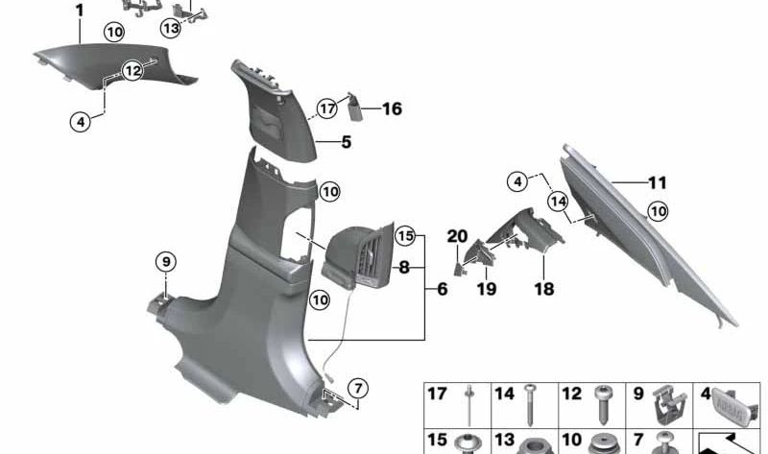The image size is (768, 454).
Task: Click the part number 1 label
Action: (x=79, y=11)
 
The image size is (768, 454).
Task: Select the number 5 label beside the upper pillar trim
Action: (x=347, y=144)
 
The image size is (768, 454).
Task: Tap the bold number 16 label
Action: (x=391, y=109)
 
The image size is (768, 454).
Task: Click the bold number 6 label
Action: (x=442, y=288)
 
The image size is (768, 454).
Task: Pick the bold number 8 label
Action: (x=404, y=270)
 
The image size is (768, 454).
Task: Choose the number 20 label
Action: (x=457, y=235)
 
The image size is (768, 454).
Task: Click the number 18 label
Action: (x=544, y=288)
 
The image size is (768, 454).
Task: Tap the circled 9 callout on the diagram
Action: (x=165, y=260)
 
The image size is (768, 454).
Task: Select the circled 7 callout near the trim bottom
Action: (x=356, y=388)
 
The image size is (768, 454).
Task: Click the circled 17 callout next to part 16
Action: (x=327, y=108)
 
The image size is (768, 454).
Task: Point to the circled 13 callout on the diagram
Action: (x=170, y=28)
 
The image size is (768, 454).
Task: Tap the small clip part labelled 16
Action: (x=355, y=104)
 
